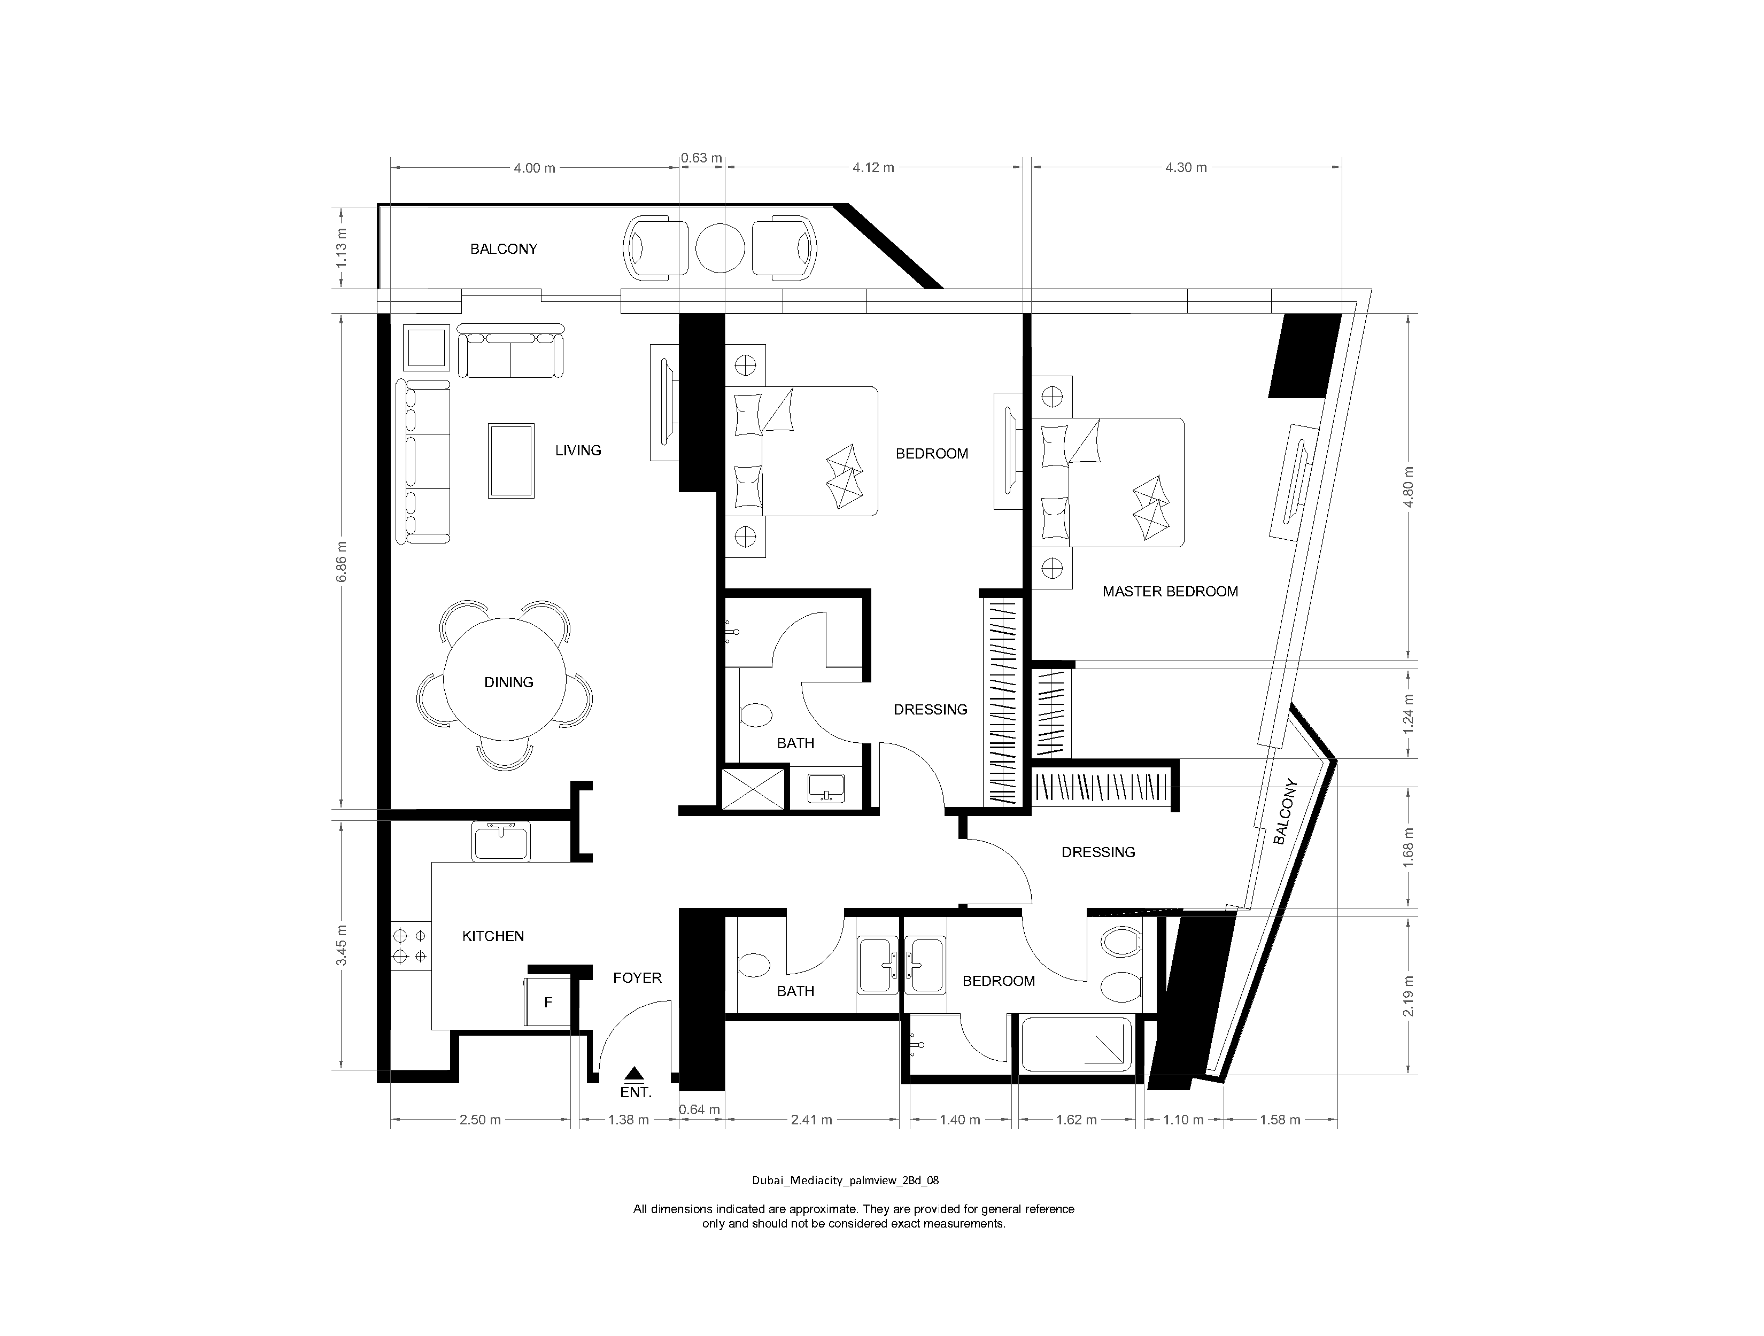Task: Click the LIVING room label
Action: click(578, 450)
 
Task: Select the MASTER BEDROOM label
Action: click(1170, 592)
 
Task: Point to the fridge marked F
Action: click(548, 1003)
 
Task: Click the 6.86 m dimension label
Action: click(342, 561)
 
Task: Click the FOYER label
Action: click(637, 978)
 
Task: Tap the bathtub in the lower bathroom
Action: click(1076, 1044)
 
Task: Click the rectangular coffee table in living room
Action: click(511, 461)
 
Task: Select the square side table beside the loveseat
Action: click(427, 347)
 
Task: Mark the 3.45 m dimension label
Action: click(342, 945)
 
